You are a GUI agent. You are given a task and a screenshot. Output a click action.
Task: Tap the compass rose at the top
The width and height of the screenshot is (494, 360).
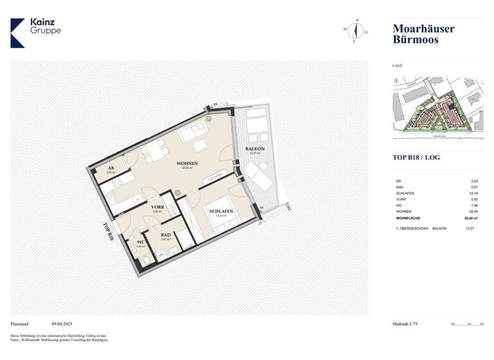pos(355,30)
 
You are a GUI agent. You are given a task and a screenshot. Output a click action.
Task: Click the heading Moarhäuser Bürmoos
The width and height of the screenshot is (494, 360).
pos(423,33)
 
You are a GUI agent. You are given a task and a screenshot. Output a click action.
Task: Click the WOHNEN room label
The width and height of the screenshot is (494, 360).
pos(187,163)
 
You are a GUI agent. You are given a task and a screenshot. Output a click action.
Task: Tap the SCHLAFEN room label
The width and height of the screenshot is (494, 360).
pos(219,211)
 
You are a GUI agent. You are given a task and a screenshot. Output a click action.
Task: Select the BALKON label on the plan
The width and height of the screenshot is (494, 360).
pos(255,149)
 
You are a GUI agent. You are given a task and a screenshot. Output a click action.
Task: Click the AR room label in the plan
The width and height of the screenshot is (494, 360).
pos(110,169)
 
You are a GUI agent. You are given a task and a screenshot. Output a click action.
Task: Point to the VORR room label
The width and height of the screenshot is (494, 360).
pos(158,207)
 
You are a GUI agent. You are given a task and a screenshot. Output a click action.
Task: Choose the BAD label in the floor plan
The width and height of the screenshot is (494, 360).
pos(165,235)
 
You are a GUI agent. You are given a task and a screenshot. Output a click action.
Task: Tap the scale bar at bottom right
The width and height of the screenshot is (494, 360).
pos(467,325)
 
